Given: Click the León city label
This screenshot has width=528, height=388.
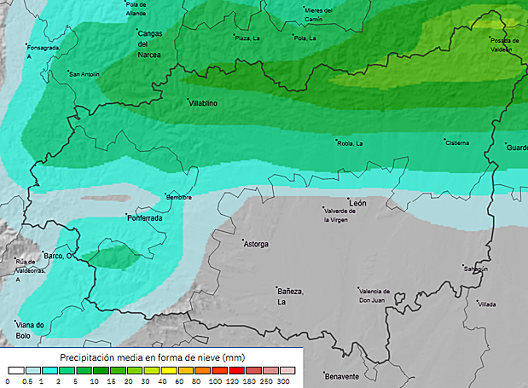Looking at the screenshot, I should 358,204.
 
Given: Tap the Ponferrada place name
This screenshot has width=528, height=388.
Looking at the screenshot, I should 144,217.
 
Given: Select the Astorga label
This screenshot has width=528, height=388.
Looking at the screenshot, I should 257,245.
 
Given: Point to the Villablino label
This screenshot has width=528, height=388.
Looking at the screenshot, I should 203,102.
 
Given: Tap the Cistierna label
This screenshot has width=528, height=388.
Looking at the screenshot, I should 457,142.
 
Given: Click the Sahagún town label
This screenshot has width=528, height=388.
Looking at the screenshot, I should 475,269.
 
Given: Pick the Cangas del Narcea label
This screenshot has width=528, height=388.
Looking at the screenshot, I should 149,43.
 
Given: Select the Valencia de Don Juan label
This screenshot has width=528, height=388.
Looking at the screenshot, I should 374,295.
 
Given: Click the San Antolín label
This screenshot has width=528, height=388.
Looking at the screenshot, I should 84,74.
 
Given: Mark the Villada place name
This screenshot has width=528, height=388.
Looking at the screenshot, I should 487,304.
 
